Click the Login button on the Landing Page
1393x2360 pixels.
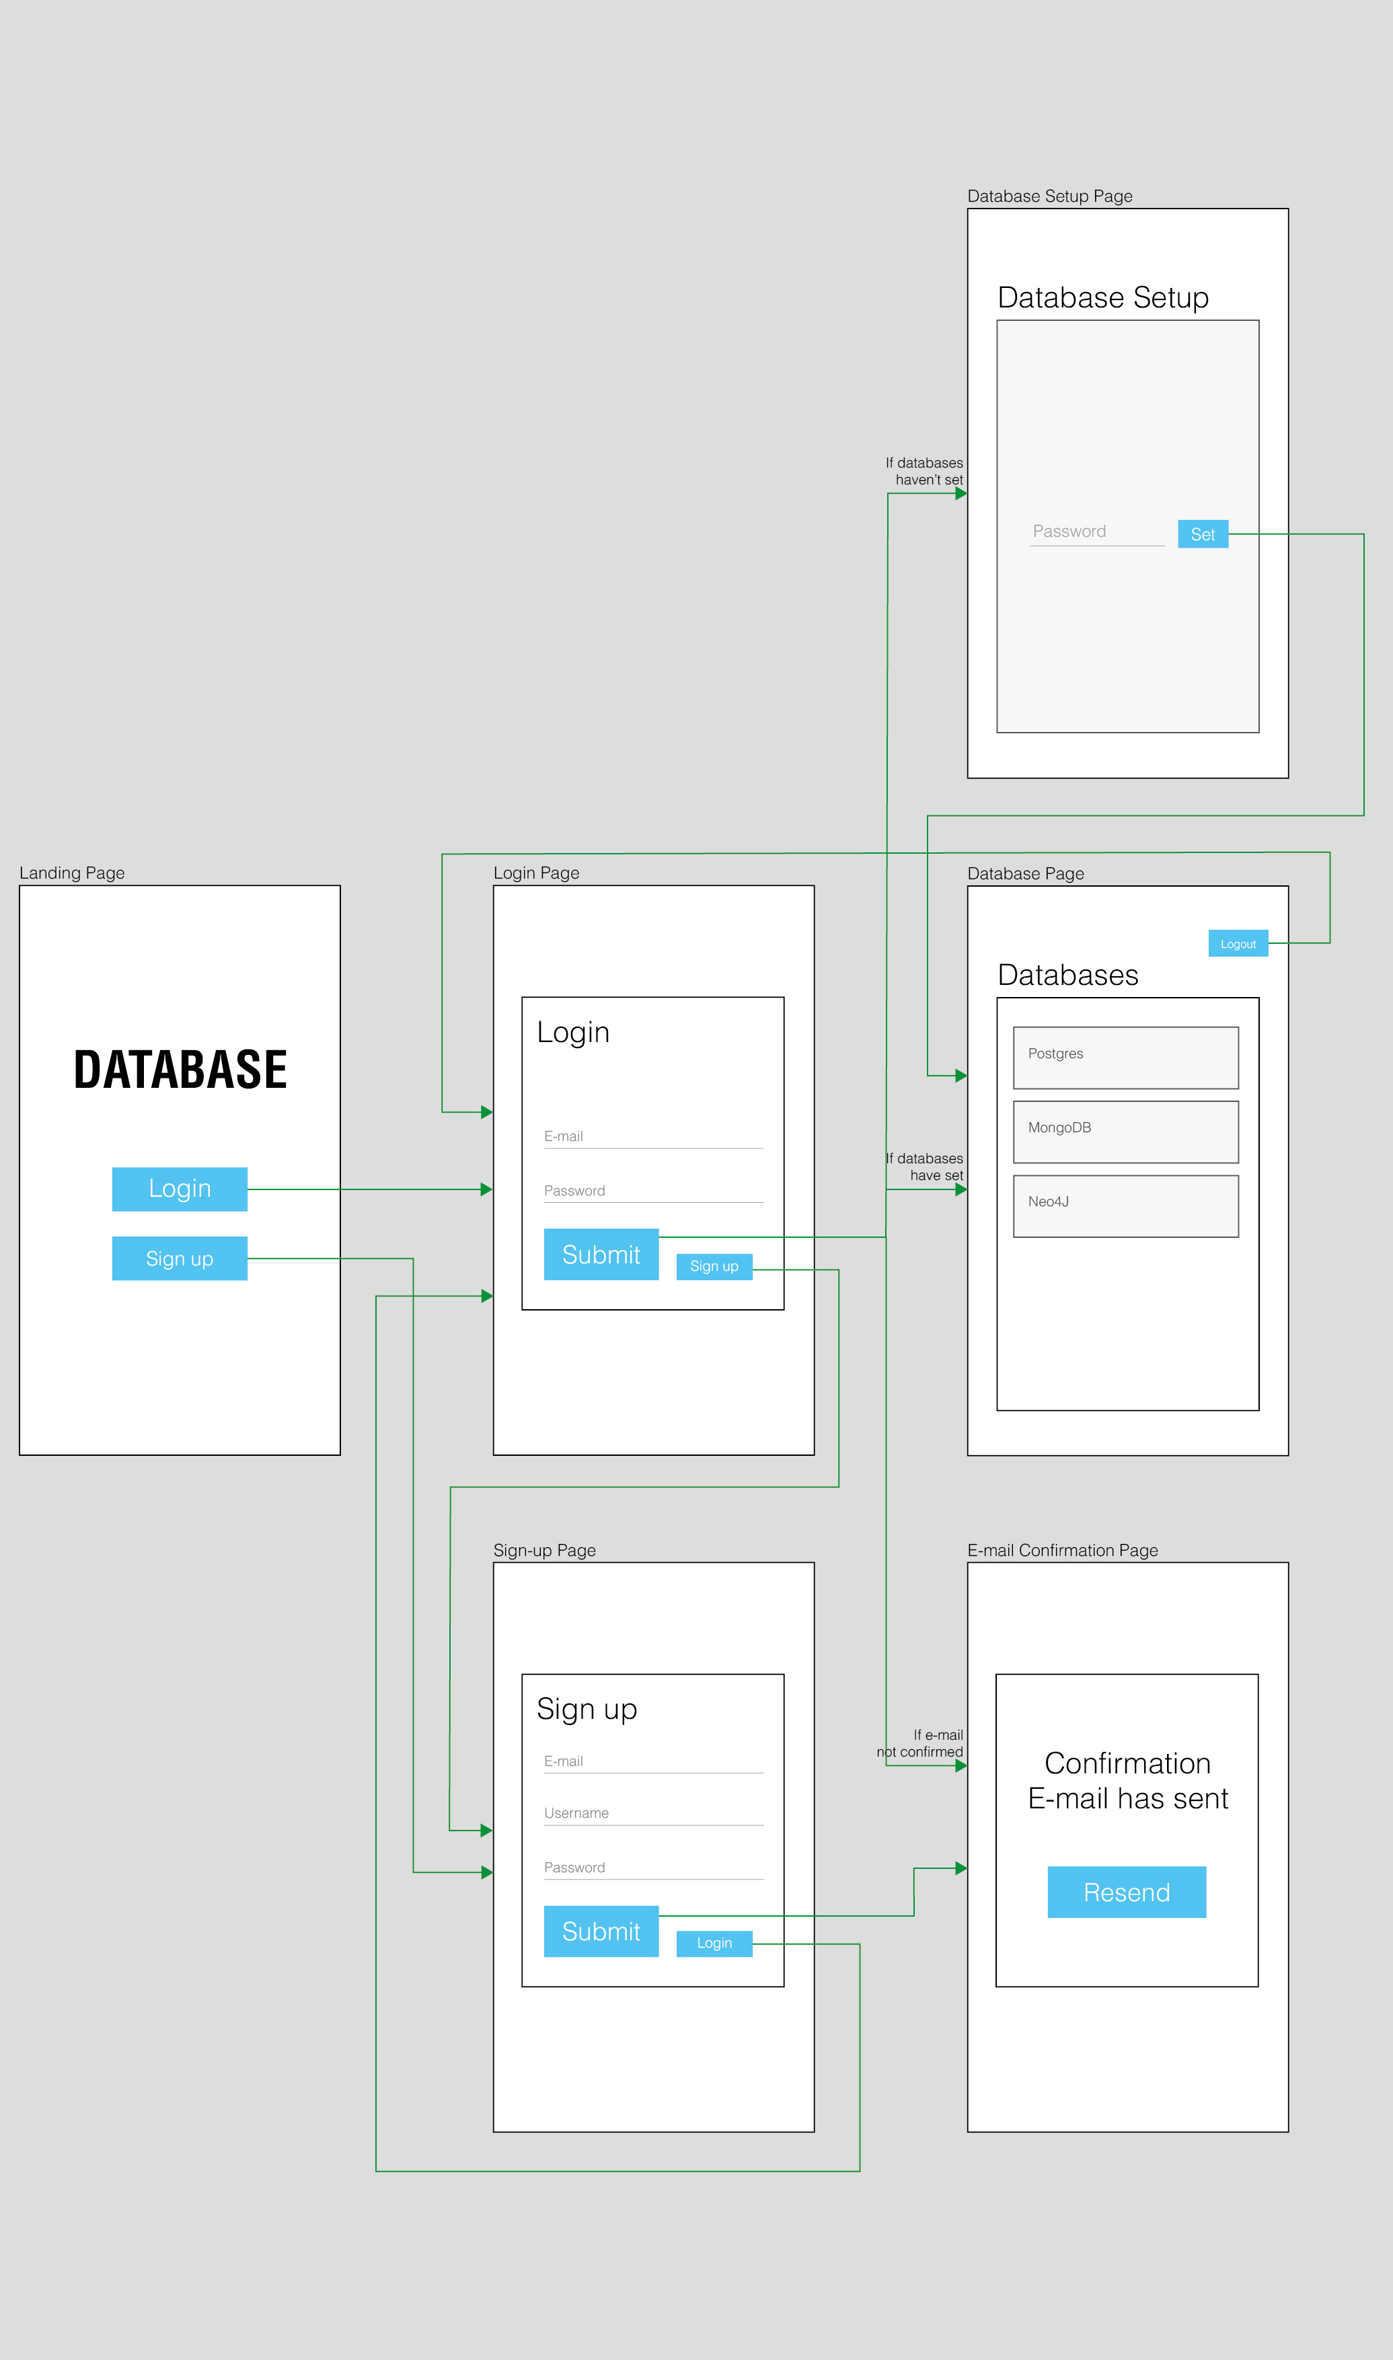point(180,1189)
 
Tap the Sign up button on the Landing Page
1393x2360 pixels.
point(180,1258)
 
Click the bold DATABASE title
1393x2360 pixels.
point(180,1069)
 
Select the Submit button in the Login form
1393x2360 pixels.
point(601,1254)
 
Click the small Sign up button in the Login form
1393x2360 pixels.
point(714,1266)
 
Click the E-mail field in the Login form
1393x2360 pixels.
point(653,1137)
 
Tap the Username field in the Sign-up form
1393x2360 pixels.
point(653,1814)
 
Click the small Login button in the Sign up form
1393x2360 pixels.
point(714,1942)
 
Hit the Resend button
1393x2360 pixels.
point(1127,1892)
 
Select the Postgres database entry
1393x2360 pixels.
point(1125,1057)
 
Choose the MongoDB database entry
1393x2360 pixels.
point(1125,1131)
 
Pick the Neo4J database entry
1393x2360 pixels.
point(1125,1206)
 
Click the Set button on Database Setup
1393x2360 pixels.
point(1203,534)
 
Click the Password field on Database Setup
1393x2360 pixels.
point(1096,532)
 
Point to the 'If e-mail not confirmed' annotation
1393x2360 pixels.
point(921,1743)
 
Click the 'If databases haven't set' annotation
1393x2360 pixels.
point(925,471)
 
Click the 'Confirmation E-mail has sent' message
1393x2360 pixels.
point(1127,1780)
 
